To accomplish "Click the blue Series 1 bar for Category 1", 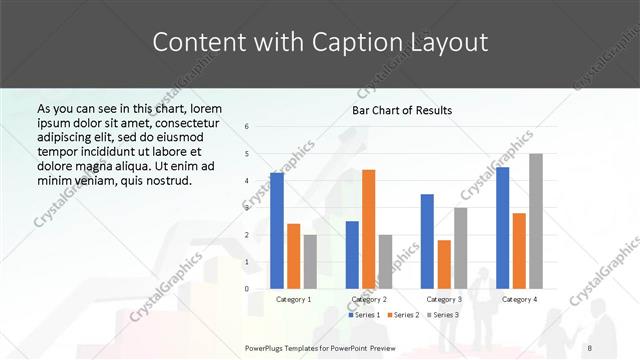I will point(276,231).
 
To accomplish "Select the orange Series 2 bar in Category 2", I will point(369,229).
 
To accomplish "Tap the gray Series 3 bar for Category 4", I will point(536,221).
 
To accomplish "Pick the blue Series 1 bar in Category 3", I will point(427,241).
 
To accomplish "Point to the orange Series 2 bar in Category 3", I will point(444,264).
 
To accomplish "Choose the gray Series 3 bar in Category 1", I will point(310,262).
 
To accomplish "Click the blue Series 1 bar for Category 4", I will point(502,228).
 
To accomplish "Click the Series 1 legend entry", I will point(363,315).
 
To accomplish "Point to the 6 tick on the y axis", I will point(247,127).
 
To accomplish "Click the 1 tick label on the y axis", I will point(247,262).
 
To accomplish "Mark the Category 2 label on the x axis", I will point(369,299).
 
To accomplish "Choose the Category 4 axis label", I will point(519,299).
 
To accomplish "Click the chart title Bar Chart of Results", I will point(402,110).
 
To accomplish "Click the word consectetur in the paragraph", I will point(186,121).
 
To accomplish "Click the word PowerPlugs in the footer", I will point(267,347).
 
